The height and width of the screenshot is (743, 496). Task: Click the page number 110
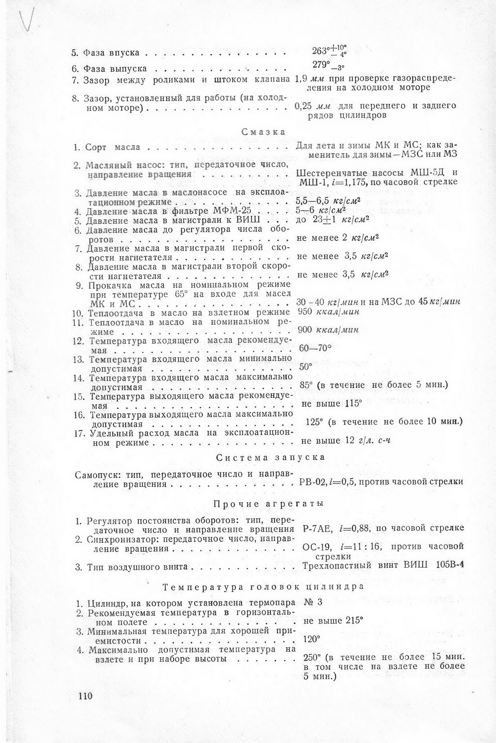click(x=85, y=696)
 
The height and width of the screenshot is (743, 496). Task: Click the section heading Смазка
click(x=263, y=132)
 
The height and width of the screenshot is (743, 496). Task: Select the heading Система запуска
click(x=271, y=457)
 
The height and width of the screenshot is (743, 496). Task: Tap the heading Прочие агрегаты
click(x=269, y=504)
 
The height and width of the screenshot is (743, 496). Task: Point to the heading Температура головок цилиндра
click(x=263, y=586)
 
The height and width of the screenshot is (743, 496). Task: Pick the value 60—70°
click(x=315, y=348)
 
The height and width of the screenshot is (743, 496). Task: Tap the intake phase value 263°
click(x=321, y=51)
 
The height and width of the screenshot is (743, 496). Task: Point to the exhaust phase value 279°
click(x=322, y=65)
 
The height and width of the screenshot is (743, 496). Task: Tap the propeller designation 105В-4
click(x=450, y=566)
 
